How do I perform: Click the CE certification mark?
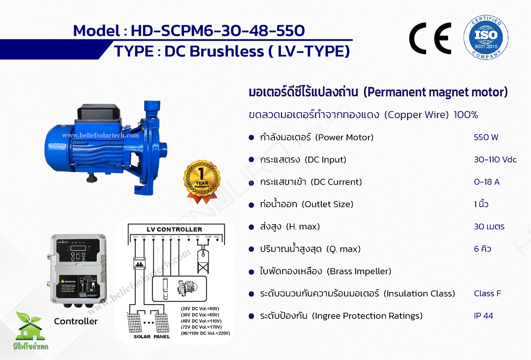[430, 38]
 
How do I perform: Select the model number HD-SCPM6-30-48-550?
[217, 31]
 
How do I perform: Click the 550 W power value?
[486, 138]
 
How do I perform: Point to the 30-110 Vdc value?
[495, 160]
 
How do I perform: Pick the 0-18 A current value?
[486, 182]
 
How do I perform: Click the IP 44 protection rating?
[483, 316]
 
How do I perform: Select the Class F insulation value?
[487, 294]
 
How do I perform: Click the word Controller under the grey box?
[76, 321]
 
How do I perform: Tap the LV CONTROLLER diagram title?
[174, 229]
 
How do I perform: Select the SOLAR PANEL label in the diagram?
[151, 336]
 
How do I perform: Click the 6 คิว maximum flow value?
[483, 249]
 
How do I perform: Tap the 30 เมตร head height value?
[489, 227]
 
